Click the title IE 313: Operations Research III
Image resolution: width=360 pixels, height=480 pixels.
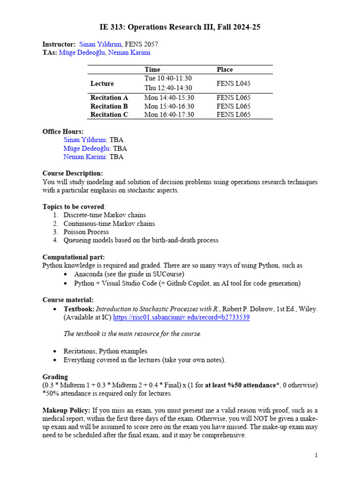point(180,27)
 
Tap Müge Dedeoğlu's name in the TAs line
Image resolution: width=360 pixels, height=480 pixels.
point(82,52)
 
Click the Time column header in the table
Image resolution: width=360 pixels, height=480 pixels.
point(152,69)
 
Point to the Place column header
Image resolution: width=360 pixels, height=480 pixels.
point(225,69)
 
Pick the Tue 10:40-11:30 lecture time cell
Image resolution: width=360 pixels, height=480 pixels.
point(168,78)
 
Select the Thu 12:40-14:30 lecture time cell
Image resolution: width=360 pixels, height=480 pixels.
point(168,88)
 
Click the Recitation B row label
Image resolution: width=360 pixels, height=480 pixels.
point(109,106)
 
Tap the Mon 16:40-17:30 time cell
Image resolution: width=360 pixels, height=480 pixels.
point(169,114)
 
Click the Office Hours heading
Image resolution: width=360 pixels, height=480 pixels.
point(63,132)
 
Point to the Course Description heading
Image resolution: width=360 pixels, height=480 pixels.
point(73,173)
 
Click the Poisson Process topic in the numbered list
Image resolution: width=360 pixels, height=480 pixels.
point(86,232)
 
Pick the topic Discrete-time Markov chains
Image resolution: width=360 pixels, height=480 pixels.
point(105,215)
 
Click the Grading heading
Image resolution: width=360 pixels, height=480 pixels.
point(55,376)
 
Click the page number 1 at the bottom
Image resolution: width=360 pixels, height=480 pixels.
point(316,455)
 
